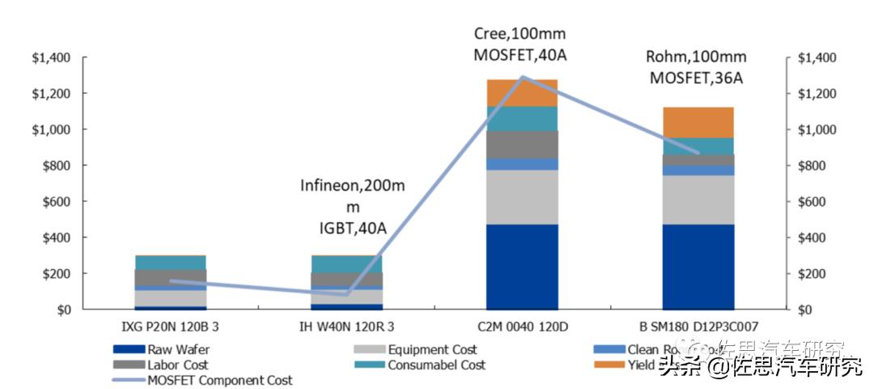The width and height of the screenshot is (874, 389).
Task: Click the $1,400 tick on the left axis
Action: (50, 58)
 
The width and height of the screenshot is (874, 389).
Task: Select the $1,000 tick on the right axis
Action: (817, 130)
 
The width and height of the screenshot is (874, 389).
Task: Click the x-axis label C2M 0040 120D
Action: (523, 327)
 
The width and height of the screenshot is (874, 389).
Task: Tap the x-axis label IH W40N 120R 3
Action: (346, 327)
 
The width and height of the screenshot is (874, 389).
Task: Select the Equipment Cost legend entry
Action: (431, 349)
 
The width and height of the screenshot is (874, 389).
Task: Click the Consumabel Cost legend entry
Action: (436, 365)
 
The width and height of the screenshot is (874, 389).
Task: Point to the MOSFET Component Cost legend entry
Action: (219, 379)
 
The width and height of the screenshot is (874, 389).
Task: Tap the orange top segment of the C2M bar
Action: (523, 92)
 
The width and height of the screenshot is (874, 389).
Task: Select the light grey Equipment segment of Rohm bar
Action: (698, 199)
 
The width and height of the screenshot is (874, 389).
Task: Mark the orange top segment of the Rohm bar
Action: (698, 122)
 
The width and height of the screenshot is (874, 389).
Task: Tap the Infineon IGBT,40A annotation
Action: (353, 207)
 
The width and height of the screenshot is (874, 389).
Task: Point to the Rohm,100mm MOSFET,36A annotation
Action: (694, 67)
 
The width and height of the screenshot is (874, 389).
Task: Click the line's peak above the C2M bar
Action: (523, 77)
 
